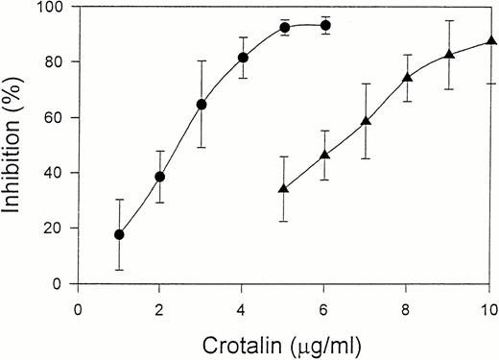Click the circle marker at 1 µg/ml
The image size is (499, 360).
point(119,234)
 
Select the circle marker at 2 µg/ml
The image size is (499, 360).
point(160,177)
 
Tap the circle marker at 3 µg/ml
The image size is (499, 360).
point(202,104)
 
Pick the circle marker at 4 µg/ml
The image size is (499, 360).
point(243,58)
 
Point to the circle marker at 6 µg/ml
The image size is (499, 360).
point(325,26)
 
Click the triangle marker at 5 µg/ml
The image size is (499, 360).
point(283,188)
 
